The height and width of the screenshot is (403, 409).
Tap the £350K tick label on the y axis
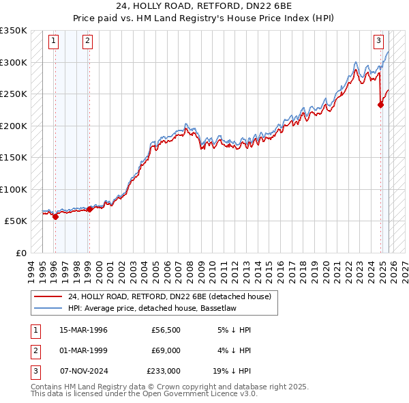click(x=14, y=31)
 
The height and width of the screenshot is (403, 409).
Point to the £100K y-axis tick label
click(x=14, y=189)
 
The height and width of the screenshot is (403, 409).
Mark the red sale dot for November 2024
click(x=380, y=105)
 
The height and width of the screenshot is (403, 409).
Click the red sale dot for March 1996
click(x=55, y=217)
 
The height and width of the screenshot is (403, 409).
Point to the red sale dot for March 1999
click(x=89, y=209)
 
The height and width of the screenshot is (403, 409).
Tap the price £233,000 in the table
click(x=164, y=371)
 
